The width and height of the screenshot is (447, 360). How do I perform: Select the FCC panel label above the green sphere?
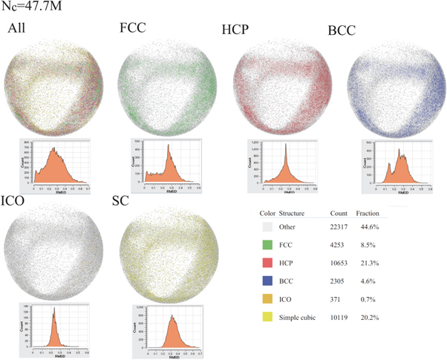point(134,29)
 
